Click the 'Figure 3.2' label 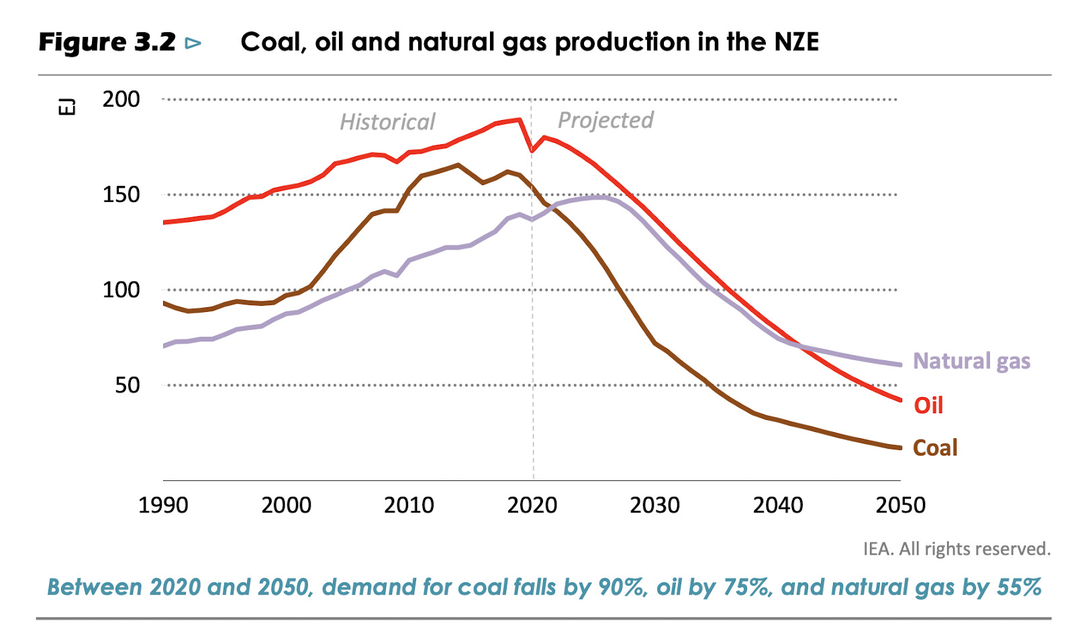click(107, 43)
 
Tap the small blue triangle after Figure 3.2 click(193, 44)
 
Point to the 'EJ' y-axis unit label click(67, 107)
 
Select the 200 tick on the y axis click(121, 99)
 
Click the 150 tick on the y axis click(121, 195)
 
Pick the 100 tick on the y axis click(121, 290)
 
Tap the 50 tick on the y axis click(128, 385)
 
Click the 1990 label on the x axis click(163, 505)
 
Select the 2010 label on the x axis click(409, 505)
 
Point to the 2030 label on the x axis click(654, 505)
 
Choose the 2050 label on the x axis click(900, 505)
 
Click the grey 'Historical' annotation click(387, 122)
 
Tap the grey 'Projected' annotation click(605, 120)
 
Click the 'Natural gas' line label click(971, 361)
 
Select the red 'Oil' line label click(928, 405)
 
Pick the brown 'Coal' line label click(934, 447)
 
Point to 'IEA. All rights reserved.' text click(957, 549)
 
